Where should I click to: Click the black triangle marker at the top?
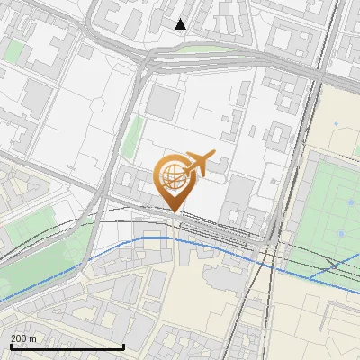tap(181, 24)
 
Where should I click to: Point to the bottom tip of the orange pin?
tap(175, 211)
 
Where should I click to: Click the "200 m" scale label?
tap(23, 338)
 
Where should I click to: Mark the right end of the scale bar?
tap(123, 346)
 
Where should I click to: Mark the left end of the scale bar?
tap(10, 346)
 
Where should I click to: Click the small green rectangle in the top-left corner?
tap(13, 50)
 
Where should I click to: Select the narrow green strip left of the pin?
tap(133, 135)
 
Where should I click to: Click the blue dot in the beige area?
tap(336, 124)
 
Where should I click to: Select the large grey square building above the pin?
tap(164, 102)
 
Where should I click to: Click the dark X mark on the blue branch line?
tap(334, 265)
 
